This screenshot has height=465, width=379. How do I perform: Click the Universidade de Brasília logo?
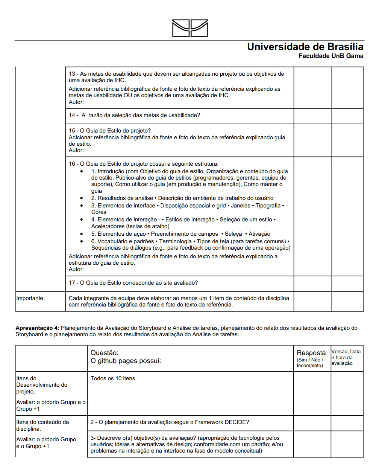[x=190, y=28]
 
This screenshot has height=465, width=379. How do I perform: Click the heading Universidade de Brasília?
[x=305, y=47]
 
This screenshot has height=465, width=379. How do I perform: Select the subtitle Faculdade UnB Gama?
[x=331, y=56]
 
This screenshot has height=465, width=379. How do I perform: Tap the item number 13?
[x=72, y=74]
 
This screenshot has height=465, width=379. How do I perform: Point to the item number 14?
[x=72, y=115]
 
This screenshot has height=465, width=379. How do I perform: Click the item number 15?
[x=72, y=131]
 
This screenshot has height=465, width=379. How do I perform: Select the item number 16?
[x=72, y=164]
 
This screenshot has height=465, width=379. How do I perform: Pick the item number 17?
[x=72, y=283]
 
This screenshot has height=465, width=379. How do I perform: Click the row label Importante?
[x=30, y=298]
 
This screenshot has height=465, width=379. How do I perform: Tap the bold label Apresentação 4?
[x=37, y=328]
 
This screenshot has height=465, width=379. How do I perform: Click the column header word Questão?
[x=105, y=353]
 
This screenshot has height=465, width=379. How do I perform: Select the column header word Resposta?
[x=311, y=353]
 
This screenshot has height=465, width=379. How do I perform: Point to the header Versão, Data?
[x=346, y=352]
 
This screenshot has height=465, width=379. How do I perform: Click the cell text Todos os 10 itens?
[x=114, y=378]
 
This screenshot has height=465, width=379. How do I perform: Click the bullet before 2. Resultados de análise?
[x=82, y=198]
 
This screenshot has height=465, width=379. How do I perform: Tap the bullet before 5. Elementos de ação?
[x=82, y=234]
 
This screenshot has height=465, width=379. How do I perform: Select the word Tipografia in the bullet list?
[x=268, y=206]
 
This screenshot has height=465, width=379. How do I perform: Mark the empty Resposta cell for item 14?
[x=312, y=116]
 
